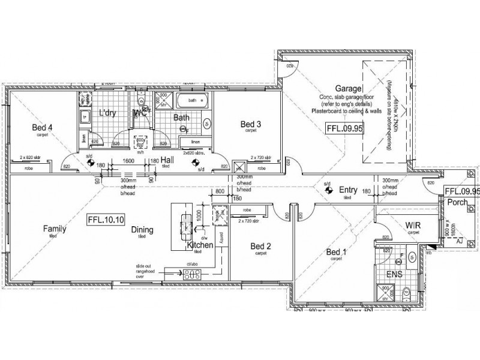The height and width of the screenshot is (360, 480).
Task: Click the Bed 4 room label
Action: click(x=43, y=127)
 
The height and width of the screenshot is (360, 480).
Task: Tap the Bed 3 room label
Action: click(x=251, y=124)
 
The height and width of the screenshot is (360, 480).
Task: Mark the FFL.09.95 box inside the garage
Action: click(x=344, y=127)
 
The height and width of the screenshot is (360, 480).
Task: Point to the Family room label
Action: click(x=54, y=229)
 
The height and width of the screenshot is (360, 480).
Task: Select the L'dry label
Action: click(x=107, y=112)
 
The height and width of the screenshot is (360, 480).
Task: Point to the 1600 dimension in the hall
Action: click(x=128, y=161)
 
